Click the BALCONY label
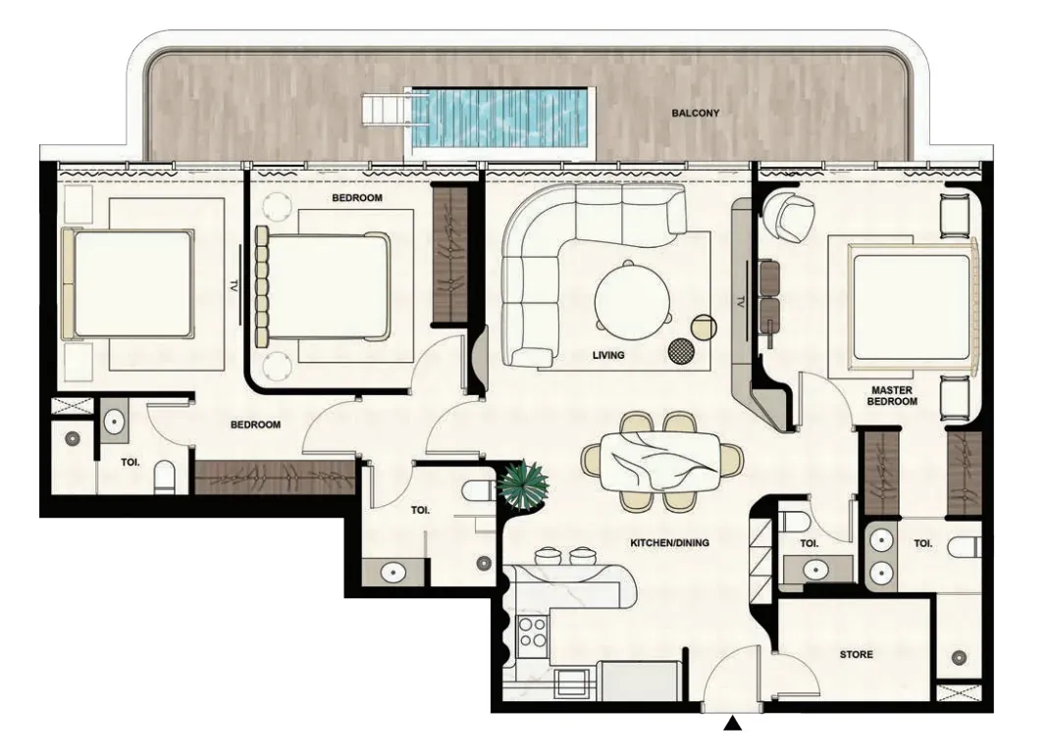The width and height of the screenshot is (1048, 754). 695,114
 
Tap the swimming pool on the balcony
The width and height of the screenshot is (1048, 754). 502,119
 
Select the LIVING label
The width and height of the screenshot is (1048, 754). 608,355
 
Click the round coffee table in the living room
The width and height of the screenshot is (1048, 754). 632,294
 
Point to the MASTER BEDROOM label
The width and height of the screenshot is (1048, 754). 892,395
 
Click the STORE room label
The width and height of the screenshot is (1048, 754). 857,655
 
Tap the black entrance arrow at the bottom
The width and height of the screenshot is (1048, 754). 733,724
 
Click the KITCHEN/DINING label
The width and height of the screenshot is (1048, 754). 669,543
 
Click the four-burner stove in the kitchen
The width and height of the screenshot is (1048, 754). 534,631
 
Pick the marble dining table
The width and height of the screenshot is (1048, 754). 661,462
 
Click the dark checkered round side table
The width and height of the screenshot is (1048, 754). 680,351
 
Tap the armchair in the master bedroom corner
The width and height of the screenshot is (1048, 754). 789,215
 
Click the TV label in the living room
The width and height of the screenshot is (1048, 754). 741,301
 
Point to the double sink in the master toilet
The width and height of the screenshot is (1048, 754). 883,556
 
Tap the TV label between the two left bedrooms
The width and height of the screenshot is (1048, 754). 234,285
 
